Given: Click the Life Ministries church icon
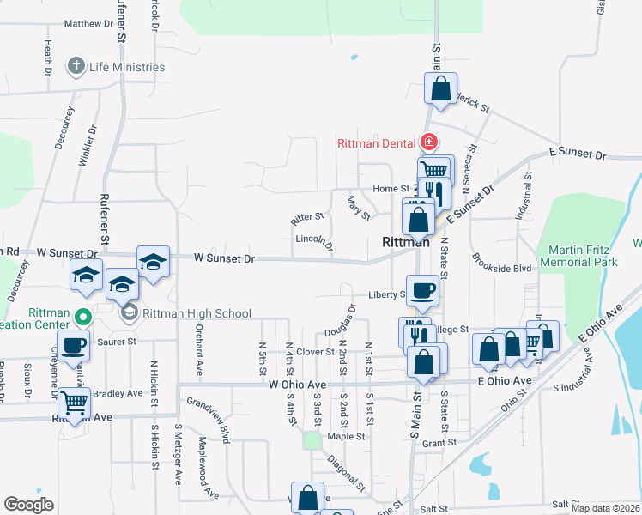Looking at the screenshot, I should click(x=76, y=66).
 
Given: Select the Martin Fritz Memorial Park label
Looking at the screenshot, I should click(x=584, y=256).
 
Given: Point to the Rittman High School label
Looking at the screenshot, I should click(x=197, y=313).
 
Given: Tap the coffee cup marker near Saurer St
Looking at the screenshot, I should click(x=74, y=345).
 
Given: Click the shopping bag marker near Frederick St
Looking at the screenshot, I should click(x=440, y=88).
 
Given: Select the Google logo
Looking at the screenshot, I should click(x=28, y=505).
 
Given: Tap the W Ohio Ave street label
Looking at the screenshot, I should click(x=296, y=385).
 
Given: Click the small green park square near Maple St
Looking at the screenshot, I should click(x=312, y=440).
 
